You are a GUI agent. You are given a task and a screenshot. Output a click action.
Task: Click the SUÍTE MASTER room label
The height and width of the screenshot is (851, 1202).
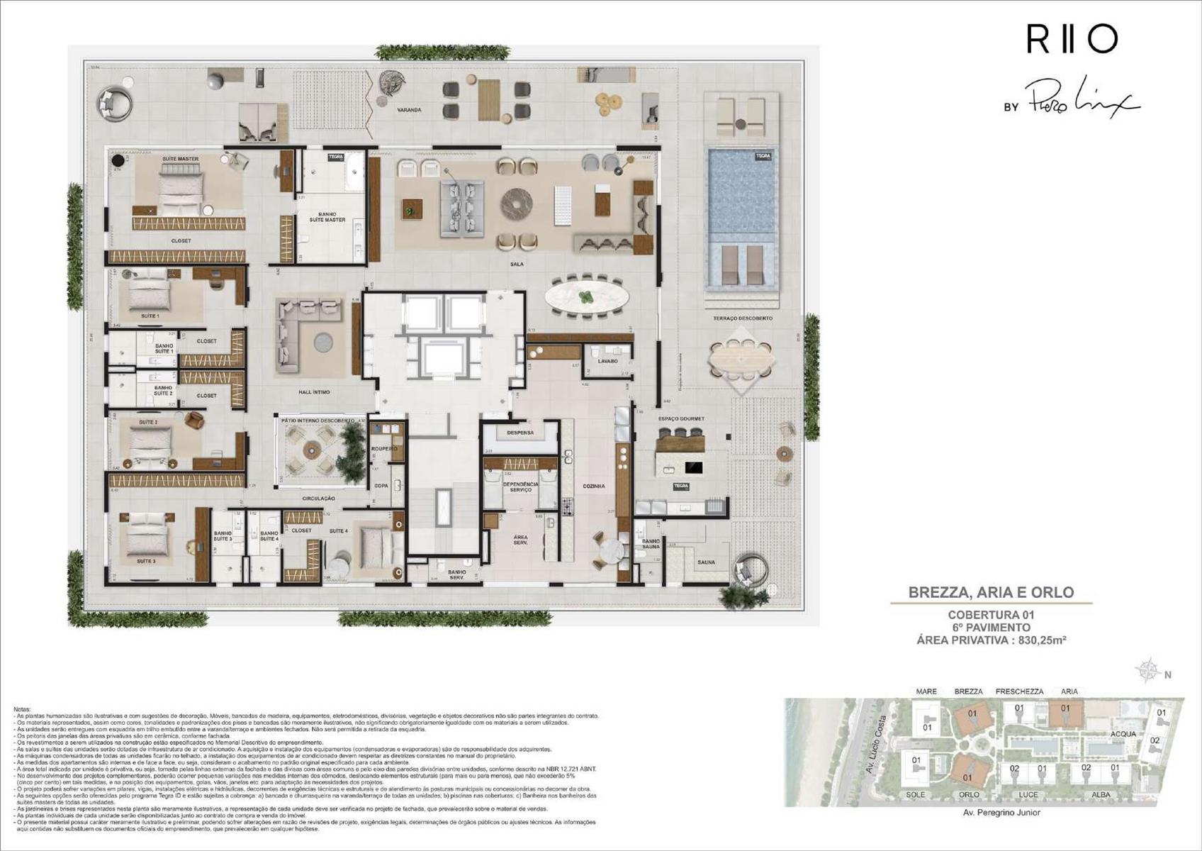[x=180, y=159]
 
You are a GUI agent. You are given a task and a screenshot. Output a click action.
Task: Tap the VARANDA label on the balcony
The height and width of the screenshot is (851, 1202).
[x=409, y=110]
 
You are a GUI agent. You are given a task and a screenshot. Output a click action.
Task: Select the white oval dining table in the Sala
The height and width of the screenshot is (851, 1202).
[x=587, y=296]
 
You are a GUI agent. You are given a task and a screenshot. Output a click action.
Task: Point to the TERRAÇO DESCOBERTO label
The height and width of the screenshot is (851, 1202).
[x=743, y=318]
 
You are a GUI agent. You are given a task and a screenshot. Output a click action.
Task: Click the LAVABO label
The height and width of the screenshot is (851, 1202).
[x=607, y=361]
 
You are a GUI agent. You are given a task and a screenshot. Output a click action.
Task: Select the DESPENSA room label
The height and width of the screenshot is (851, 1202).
[x=520, y=433]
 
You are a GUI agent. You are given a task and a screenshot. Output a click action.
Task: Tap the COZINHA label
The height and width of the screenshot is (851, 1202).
[x=593, y=486]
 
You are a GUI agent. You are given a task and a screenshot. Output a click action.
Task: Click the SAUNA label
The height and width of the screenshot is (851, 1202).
[x=706, y=562]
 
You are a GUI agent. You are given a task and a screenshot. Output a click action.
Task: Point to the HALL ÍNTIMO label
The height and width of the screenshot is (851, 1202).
[x=314, y=391]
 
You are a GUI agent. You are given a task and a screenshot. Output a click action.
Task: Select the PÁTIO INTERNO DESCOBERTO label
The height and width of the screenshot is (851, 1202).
[x=318, y=421]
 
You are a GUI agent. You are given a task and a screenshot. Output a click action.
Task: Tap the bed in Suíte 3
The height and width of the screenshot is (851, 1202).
[x=149, y=535]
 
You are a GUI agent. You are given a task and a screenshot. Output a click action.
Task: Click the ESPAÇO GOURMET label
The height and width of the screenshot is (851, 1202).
[x=681, y=419]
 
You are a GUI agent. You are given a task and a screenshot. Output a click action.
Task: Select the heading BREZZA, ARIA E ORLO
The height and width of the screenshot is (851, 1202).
[x=991, y=592]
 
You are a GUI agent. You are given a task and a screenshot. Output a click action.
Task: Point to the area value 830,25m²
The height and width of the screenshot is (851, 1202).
[x=1043, y=640]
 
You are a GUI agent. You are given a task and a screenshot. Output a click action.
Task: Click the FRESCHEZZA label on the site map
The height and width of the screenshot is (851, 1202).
[x=1019, y=691]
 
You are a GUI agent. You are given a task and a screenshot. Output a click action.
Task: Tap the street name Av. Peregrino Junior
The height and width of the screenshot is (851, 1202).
[x=1001, y=813]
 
